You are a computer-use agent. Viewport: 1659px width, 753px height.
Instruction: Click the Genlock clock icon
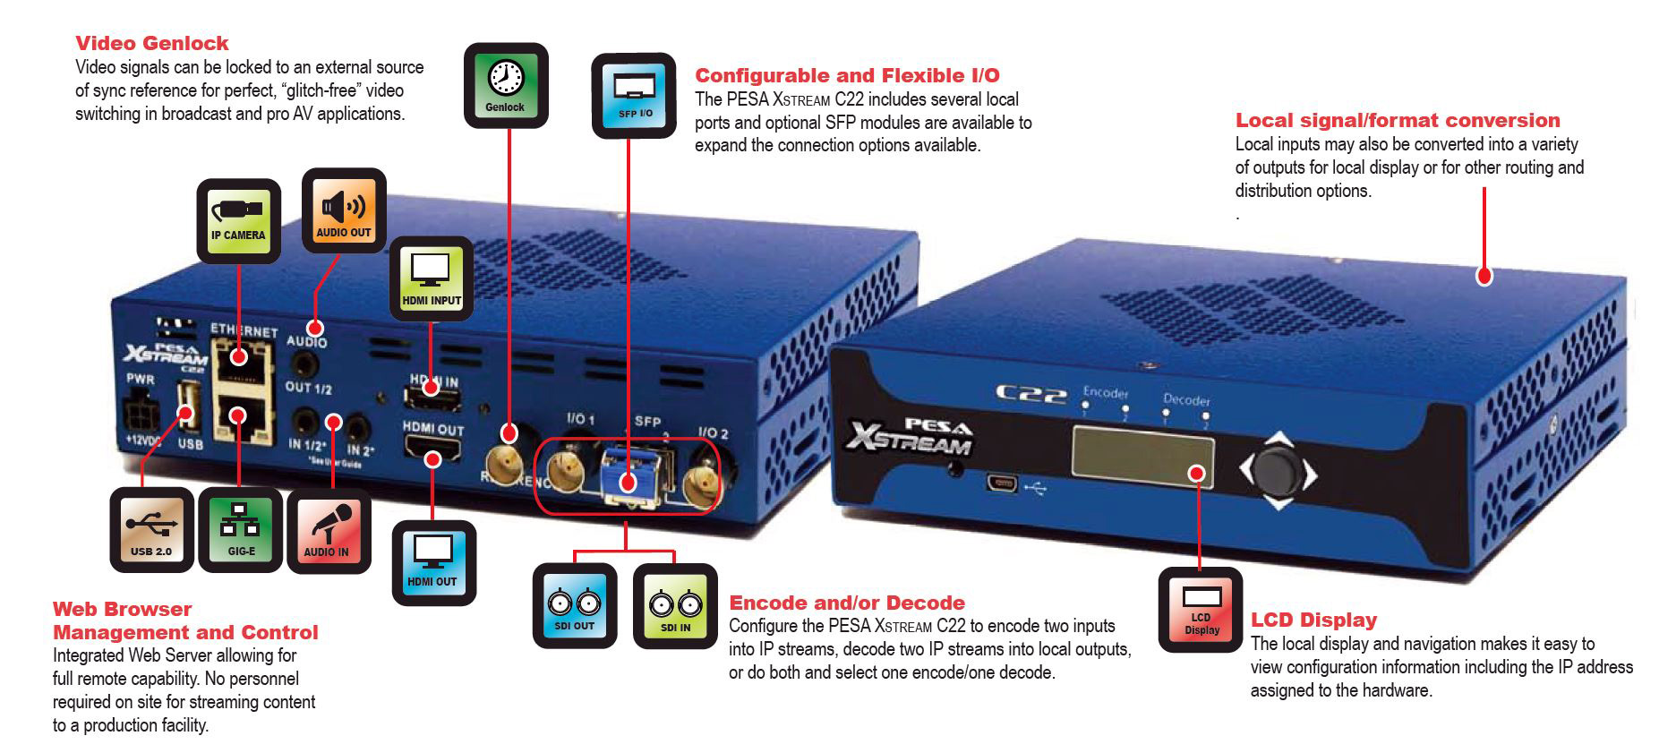[505, 85]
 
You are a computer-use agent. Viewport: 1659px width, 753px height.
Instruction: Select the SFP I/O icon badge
[634, 96]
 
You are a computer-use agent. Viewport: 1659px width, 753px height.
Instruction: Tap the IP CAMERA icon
[238, 221]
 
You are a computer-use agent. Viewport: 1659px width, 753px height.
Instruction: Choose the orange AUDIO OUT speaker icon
[344, 210]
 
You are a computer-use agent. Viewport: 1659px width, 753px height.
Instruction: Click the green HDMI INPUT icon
[432, 278]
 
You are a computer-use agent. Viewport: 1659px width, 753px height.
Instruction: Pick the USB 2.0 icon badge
[151, 530]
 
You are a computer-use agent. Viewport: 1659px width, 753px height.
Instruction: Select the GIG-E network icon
[240, 530]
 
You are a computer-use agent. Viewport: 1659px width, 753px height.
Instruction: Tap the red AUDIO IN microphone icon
[328, 531]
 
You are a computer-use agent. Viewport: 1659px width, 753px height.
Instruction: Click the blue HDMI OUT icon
[433, 561]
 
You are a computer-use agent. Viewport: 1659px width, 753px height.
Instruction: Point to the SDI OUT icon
[574, 606]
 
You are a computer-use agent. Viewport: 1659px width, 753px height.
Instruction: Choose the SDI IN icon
[675, 606]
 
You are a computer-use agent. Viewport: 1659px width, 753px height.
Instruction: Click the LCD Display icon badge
[1201, 609]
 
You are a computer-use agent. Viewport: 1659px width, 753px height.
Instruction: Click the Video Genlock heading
[151, 43]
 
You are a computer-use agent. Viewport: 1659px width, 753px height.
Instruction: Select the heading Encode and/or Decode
[846, 603]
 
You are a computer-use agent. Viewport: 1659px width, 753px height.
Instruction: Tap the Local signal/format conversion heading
[1397, 120]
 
